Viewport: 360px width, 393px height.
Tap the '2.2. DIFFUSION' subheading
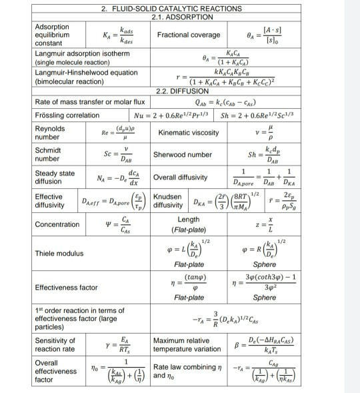(x=182, y=91)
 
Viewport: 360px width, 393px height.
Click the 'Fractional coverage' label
(x=189, y=35)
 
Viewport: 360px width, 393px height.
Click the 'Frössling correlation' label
(x=67, y=115)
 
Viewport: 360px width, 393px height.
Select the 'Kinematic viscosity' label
(x=189, y=132)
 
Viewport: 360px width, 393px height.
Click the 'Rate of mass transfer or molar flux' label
(x=89, y=102)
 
